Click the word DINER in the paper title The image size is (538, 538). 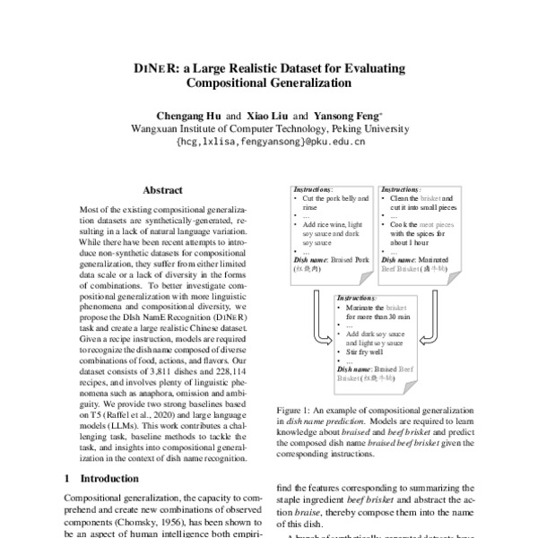[x=147, y=68]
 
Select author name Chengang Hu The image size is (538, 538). [x=188, y=117]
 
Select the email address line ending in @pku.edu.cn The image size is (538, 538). [x=270, y=141]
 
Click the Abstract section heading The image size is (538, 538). [x=163, y=190]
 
